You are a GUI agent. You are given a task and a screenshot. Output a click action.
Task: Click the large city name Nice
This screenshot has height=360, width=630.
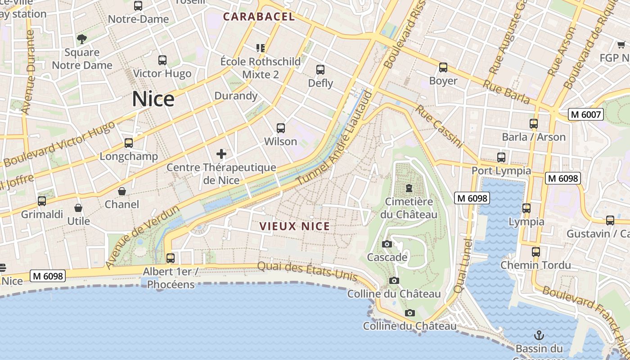153,99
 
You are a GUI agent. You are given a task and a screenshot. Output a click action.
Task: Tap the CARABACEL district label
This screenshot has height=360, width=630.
259,17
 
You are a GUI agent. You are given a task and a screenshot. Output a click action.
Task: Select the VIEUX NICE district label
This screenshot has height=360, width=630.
295,226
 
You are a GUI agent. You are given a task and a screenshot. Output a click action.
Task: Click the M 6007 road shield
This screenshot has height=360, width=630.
585,114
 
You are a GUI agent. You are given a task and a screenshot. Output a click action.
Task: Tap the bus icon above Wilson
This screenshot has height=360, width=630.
281,128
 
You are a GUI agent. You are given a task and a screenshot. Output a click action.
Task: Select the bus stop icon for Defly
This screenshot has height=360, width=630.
320,70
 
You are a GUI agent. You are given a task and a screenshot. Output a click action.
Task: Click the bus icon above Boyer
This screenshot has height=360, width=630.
443,67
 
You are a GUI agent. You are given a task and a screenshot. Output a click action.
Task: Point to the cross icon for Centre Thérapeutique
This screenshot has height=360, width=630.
221,154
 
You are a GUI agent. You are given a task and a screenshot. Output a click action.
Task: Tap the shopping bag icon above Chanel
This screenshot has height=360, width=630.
122,191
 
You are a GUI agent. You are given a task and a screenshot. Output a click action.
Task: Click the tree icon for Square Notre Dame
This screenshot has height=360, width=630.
81,39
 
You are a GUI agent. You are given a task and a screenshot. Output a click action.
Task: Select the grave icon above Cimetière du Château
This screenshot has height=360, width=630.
409,188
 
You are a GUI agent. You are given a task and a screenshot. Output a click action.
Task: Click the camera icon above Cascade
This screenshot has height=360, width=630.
387,244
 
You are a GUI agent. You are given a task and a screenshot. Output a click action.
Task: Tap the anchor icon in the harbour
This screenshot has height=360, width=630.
539,335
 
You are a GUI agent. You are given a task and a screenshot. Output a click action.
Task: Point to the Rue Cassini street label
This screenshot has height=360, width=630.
439,126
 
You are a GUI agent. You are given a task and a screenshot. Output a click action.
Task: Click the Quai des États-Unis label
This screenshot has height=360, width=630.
307,271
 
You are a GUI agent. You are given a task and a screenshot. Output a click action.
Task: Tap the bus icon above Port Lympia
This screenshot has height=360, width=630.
501,157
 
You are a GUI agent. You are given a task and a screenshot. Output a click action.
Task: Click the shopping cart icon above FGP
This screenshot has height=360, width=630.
621,45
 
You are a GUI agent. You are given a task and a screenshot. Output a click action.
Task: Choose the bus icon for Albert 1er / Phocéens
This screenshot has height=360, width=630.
171,258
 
